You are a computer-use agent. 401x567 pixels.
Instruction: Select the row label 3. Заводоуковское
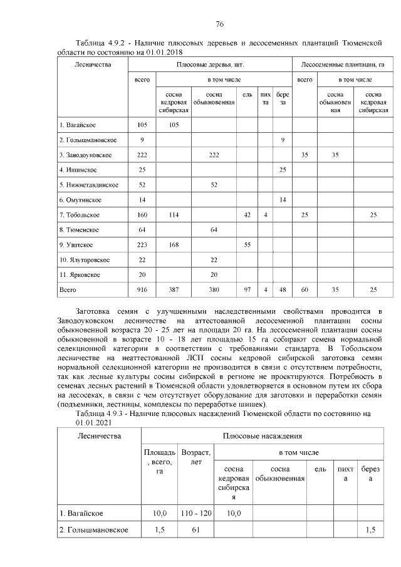(85, 154)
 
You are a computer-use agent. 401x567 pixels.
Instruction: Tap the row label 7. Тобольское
(79, 215)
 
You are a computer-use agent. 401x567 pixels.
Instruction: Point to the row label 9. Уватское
(76, 245)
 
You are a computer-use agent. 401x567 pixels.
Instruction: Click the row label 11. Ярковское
(80, 275)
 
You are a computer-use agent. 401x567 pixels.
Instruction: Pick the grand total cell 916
(142, 291)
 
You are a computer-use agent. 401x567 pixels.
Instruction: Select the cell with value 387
(174, 291)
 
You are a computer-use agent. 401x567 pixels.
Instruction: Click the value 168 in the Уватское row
(174, 245)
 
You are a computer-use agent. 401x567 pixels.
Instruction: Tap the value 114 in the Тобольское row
(174, 215)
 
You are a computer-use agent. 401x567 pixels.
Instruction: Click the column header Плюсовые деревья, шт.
(210, 65)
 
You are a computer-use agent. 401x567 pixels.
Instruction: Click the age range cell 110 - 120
(195, 514)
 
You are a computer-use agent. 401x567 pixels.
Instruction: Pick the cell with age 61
(195, 530)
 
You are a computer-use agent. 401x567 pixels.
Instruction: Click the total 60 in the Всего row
(305, 291)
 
